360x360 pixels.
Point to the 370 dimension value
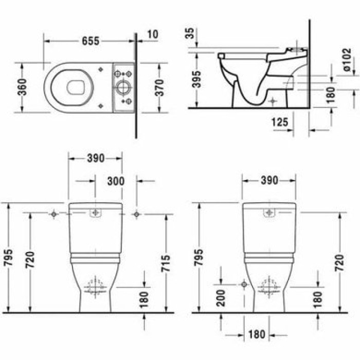(159, 88)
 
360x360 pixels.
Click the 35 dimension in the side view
(190, 34)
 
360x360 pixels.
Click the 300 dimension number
(115, 181)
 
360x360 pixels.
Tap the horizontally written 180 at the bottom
(255, 335)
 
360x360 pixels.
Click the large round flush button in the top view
(123, 87)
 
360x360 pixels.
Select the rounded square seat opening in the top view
(76, 87)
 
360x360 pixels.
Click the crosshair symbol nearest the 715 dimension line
(136, 214)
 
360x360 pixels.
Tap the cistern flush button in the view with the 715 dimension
(95, 213)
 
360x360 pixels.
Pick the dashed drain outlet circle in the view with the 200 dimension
(269, 286)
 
